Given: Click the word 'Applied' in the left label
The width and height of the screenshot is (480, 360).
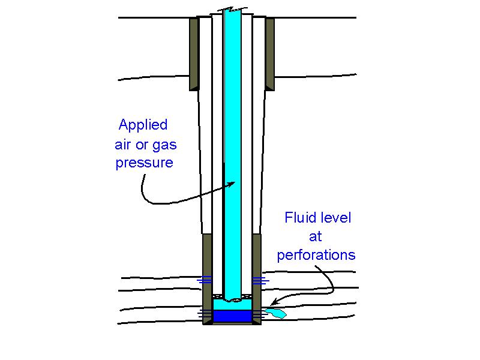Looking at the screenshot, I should click(x=143, y=125).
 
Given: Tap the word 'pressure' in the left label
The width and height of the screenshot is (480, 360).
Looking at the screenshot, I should click(x=144, y=163).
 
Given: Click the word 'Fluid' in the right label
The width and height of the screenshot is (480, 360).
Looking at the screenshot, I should click(x=301, y=217).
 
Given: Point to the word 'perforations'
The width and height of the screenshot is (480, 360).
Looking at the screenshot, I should click(x=316, y=256).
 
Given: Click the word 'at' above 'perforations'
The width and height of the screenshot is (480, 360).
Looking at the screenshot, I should click(x=316, y=236).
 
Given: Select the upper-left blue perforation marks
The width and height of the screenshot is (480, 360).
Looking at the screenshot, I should click(x=205, y=280).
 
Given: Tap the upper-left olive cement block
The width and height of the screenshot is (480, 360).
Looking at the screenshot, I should click(x=194, y=54).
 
